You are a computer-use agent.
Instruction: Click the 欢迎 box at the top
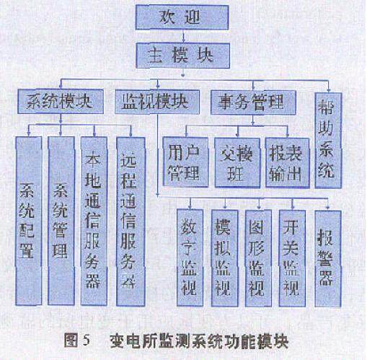click(x=182, y=17)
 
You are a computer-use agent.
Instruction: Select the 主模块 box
click(x=182, y=56)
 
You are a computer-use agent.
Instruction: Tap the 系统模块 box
click(x=61, y=102)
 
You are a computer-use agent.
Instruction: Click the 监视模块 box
click(x=157, y=102)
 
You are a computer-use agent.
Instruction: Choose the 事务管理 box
click(x=253, y=102)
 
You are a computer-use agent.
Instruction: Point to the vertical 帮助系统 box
click(x=328, y=141)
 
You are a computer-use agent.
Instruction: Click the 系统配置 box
click(x=29, y=221)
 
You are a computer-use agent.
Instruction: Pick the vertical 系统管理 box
click(x=61, y=221)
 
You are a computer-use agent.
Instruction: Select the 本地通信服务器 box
click(x=94, y=221)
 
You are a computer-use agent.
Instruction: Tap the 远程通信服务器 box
click(x=131, y=221)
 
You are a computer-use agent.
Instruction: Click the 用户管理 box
click(x=185, y=162)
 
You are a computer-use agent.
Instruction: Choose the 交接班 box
click(x=237, y=162)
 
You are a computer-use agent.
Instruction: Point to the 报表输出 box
click(x=287, y=162)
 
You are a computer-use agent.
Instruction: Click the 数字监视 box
click(x=190, y=258)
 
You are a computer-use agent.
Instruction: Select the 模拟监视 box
click(x=225, y=258)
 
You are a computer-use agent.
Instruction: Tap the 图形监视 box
click(x=258, y=258)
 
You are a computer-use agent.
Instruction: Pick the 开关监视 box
click(x=292, y=258)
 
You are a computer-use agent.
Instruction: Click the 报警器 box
click(x=328, y=259)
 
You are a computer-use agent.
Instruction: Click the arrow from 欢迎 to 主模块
click(x=183, y=37)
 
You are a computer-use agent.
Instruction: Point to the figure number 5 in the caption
click(x=86, y=341)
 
